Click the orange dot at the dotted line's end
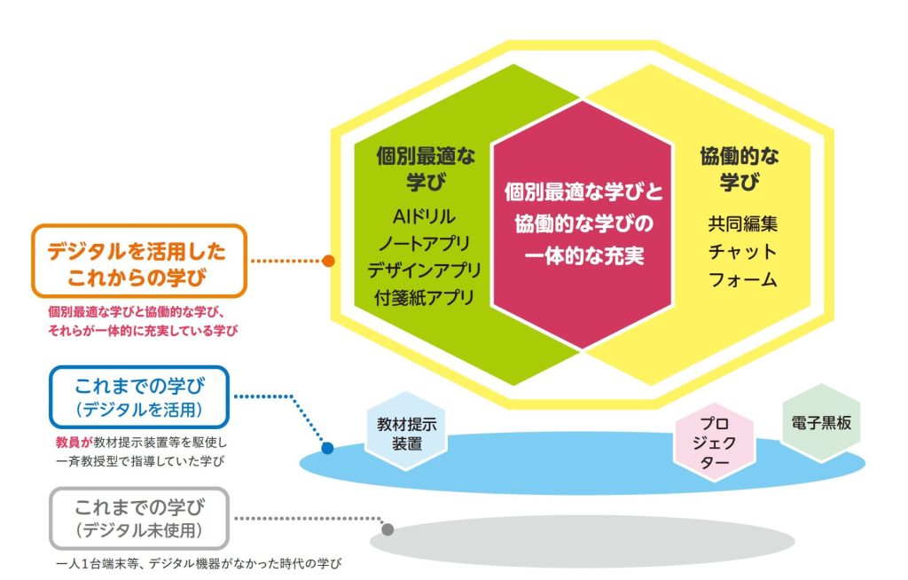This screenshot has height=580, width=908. (x=328, y=261)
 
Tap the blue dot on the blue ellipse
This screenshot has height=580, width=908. (x=327, y=448)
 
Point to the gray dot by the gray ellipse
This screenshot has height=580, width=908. (x=388, y=529)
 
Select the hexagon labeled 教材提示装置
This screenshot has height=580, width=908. (x=406, y=432)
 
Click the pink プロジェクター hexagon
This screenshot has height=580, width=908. (x=715, y=443)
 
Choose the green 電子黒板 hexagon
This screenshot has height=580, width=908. (x=820, y=422)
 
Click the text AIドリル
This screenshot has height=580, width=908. (x=424, y=216)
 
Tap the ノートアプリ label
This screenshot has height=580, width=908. (x=425, y=243)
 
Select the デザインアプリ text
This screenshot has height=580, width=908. (x=425, y=270)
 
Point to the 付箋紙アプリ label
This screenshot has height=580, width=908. (x=425, y=297)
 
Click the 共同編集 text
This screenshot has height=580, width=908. (x=742, y=223)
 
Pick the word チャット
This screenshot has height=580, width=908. (x=742, y=252)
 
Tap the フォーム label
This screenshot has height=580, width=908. (x=742, y=279)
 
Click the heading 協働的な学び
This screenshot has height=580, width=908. (x=740, y=169)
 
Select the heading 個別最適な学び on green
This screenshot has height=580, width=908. (x=426, y=169)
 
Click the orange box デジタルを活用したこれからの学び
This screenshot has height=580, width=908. (x=139, y=261)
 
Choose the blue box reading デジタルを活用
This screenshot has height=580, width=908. (x=139, y=397)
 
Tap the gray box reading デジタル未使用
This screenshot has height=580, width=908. (x=139, y=519)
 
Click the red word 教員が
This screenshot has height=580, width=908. (x=74, y=443)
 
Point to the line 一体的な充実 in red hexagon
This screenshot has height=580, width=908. (x=583, y=255)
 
